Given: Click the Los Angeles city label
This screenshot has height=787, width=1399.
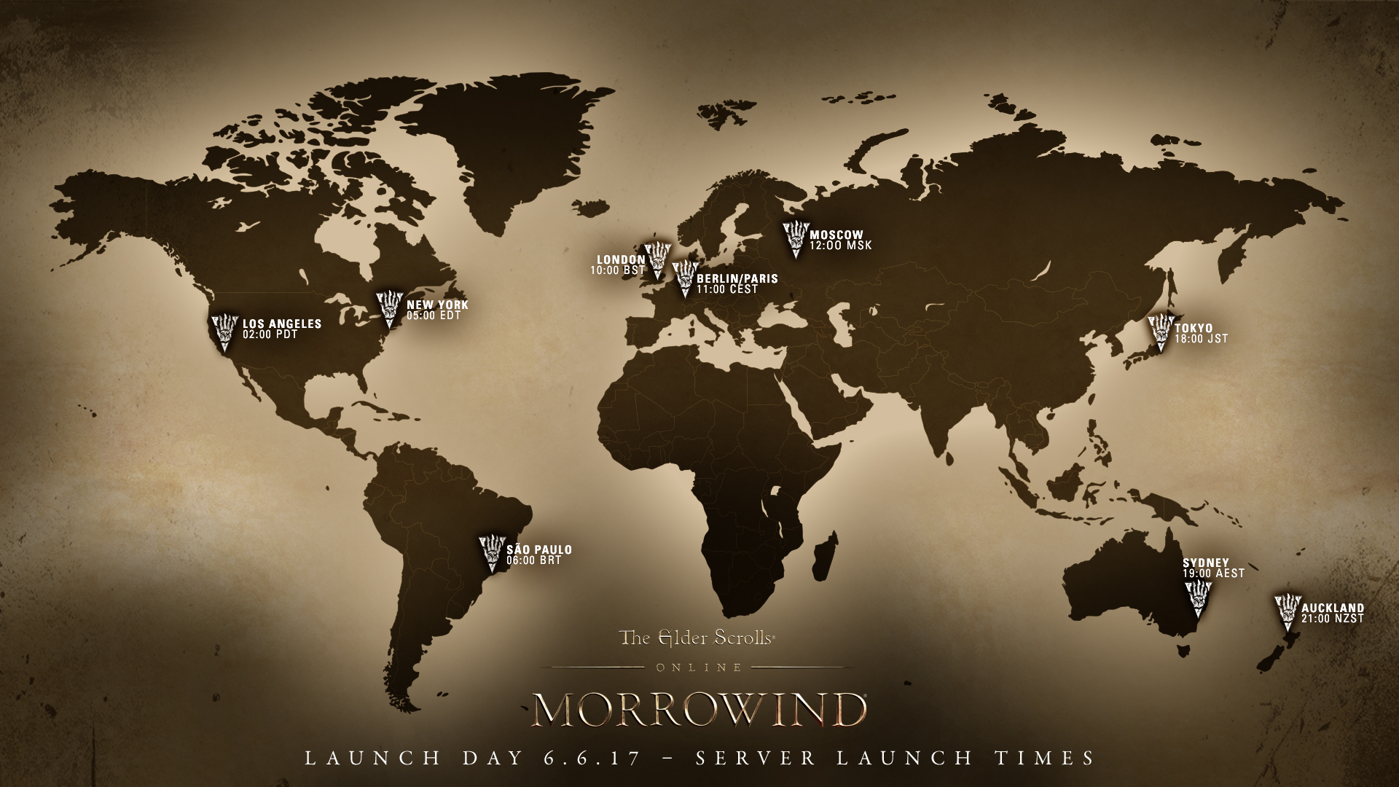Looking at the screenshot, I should click(x=281, y=324).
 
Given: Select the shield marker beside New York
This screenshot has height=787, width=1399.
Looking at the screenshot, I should click(x=389, y=308).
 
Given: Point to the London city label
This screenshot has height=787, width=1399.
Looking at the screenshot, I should click(x=621, y=259).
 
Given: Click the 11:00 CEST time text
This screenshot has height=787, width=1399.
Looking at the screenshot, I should click(x=726, y=289).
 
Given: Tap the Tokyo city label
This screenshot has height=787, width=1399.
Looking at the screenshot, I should click(x=1194, y=328).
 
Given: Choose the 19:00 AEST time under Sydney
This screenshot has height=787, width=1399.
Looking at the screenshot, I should click(x=1213, y=573).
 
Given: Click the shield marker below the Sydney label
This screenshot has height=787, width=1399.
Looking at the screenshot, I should click(x=1196, y=600).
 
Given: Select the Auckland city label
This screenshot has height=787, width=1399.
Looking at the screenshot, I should click(x=1333, y=608).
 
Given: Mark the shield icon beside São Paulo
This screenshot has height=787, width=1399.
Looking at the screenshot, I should click(x=492, y=554).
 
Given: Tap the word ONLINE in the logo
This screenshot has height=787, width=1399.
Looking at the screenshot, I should click(x=699, y=667).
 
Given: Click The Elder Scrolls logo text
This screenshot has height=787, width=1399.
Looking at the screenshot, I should click(x=696, y=638).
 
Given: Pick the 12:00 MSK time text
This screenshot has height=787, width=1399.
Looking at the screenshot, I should click(x=840, y=246).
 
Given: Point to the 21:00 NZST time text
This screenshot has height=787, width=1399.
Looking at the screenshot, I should click(x=1332, y=619).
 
